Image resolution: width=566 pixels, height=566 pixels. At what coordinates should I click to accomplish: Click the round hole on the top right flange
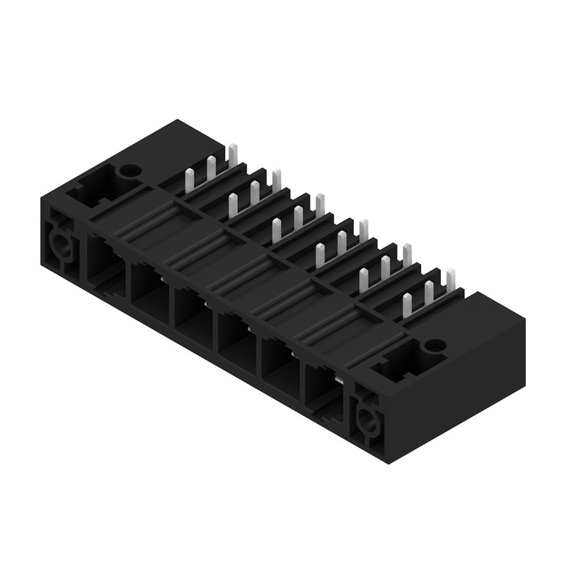pyautogui.click(x=435, y=344)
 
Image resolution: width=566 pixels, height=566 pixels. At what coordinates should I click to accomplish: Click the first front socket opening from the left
pyautogui.click(x=106, y=265)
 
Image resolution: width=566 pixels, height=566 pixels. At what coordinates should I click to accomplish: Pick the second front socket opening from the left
pyautogui.click(x=149, y=289)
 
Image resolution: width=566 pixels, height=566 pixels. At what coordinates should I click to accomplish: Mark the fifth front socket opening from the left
pyautogui.click(x=280, y=365)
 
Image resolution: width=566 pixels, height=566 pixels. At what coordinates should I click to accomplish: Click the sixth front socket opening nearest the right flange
pyautogui.click(x=323, y=389)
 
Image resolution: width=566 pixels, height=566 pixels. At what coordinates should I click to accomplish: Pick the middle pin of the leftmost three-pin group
pyautogui.click(x=211, y=169)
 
